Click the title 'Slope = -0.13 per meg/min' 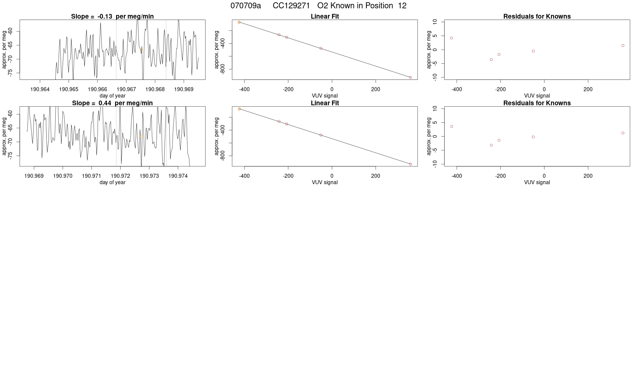coord(112,16)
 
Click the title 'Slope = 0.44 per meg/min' coord(112,103)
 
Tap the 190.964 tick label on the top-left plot coord(40,89)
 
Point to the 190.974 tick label coord(178,176)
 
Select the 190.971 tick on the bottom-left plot coord(92,176)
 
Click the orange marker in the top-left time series coord(141,50)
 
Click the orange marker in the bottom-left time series coord(141,137)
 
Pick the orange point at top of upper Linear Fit coord(239,22)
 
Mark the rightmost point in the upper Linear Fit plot coord(410,77)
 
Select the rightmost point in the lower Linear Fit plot coord(410,164)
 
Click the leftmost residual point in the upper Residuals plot coord(452,38)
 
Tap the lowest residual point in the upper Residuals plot coord(491,59)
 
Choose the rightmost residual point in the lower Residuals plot coord(623,133)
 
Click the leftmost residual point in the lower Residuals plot coord(452,126)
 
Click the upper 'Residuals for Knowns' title coord(537,16)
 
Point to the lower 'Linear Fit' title coord(325,103)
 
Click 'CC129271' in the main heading coord(291,6)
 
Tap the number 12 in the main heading coord(402,6)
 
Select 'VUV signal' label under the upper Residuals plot coord(537,96)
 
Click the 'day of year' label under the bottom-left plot coord(112,182)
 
